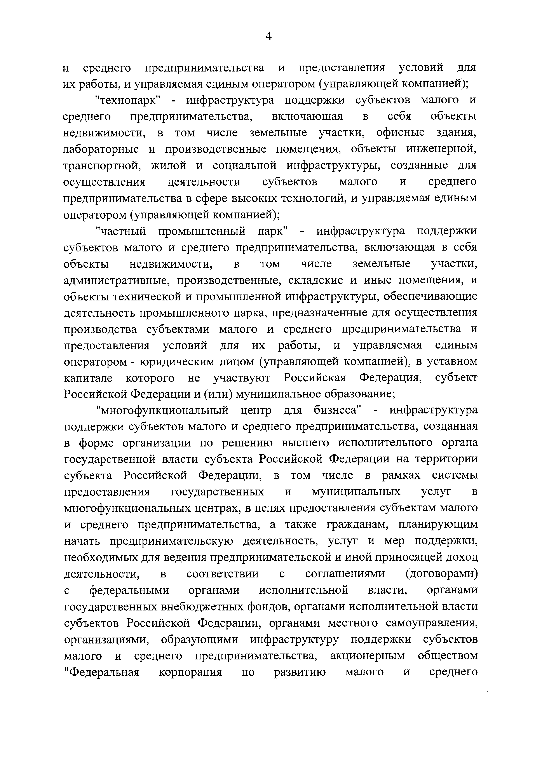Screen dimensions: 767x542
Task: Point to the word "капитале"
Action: pos(88,378)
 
